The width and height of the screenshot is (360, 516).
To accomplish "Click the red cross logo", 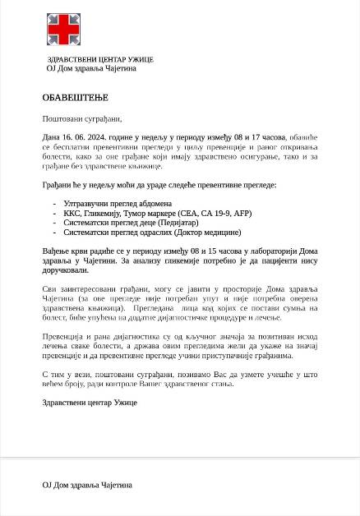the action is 63,30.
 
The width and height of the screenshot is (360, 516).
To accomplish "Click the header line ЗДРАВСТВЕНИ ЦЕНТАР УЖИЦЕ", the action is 100,59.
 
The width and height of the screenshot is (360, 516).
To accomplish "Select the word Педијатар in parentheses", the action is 178,223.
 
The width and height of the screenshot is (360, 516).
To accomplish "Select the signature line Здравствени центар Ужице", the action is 90,403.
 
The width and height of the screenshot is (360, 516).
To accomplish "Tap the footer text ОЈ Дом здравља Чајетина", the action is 87,485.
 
